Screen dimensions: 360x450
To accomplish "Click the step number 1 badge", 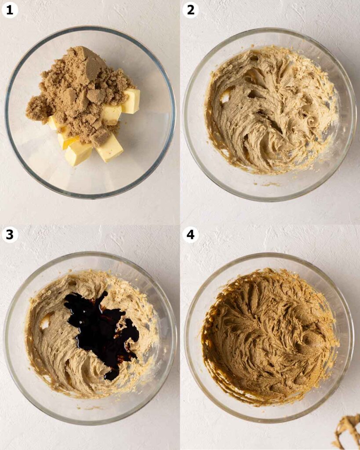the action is pos(10,10).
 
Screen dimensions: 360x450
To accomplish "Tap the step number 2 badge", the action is pos(191,10).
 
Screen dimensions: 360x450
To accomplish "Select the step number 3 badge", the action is pos(10,235).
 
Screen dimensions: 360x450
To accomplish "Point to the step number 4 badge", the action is pos(191,235).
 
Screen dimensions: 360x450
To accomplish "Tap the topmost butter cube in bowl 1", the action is pos(131,101).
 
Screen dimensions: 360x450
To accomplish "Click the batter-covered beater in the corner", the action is pos(347,432).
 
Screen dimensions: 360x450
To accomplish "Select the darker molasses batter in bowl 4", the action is pos(270,336).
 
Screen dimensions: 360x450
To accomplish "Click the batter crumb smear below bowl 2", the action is pos(269,184).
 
